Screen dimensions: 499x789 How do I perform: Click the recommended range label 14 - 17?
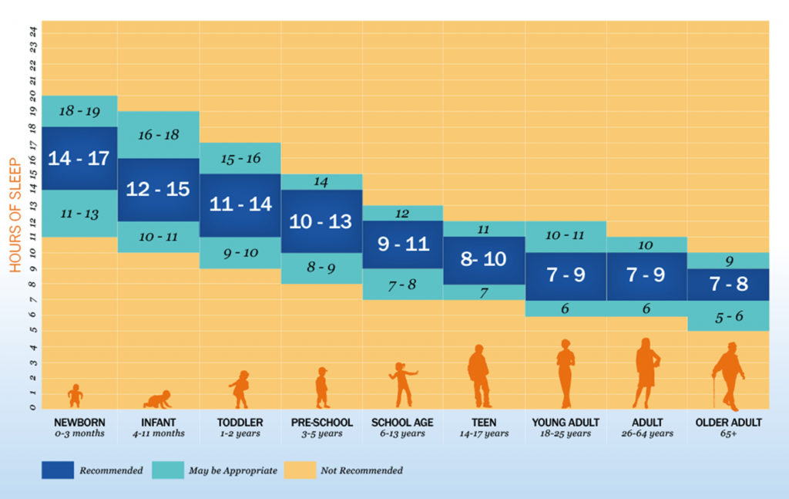click(79, 158)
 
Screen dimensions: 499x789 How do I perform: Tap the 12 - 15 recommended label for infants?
click(158, 189)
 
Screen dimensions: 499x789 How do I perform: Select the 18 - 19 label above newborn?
click(79, 111)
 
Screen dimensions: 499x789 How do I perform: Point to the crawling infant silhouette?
click(158, 399)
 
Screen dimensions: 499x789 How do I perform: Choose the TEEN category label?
click(484, 423)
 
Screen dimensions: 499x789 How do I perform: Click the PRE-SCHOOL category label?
click(322, 423)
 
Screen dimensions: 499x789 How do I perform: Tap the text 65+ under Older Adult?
click(728, 433)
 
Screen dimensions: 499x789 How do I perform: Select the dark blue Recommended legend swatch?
click(58, 470)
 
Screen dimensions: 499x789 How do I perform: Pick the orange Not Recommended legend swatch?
click(300, 470)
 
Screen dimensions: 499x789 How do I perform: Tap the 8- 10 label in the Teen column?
click(484, 259)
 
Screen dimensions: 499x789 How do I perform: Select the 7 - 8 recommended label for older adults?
click(728, 283)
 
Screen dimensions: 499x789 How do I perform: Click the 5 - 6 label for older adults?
click(728, 315)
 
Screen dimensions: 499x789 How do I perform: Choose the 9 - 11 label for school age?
click(402, 244)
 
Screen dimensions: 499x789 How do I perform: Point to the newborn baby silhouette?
click(75, 396)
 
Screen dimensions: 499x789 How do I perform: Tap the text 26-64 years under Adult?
click(646, 433)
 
